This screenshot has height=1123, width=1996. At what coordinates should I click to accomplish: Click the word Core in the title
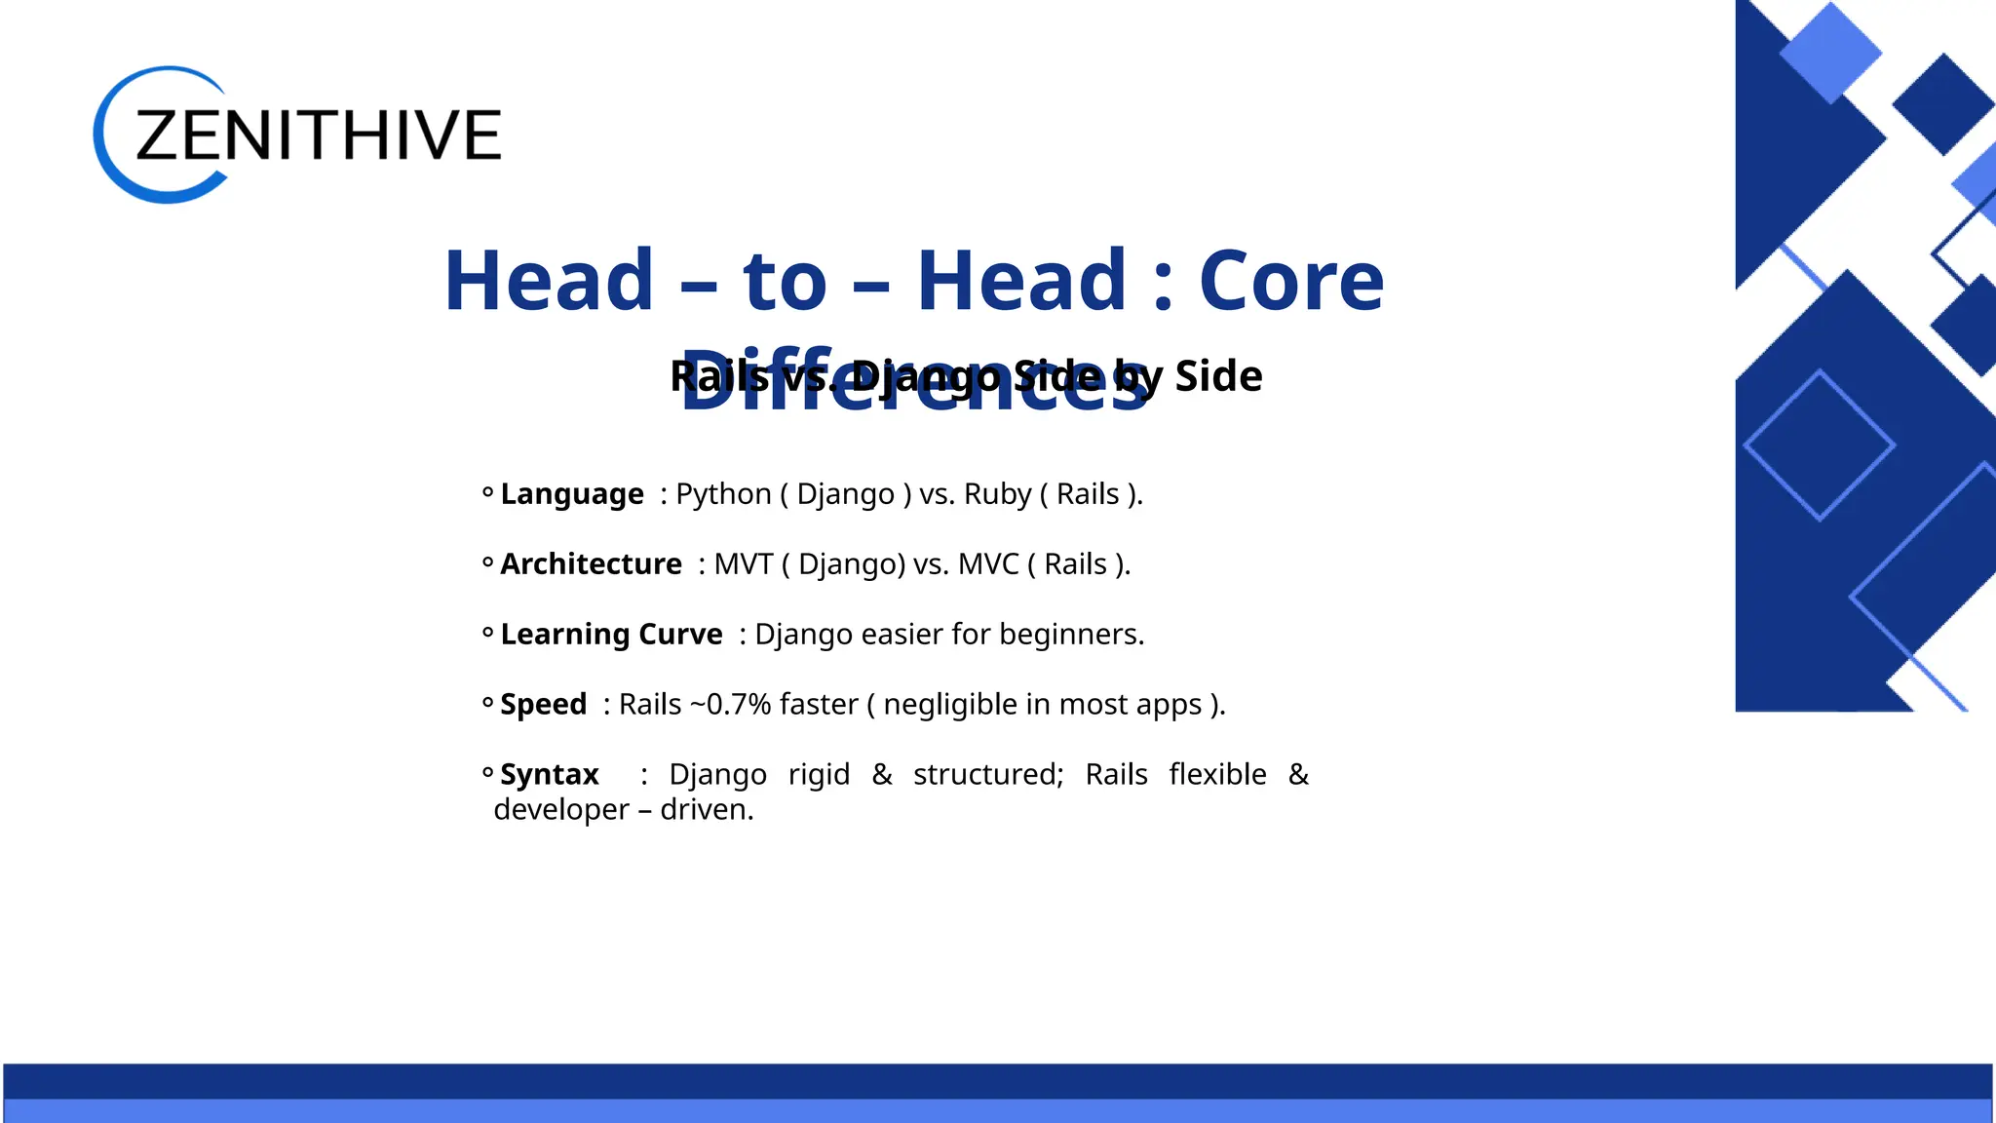click(x=1290, y=281)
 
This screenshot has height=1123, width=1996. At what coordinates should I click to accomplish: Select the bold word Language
click(x=572, y=494)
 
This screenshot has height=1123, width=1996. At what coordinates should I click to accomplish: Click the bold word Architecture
click(x=591, y=564)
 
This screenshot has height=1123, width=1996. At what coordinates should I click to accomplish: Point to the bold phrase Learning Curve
click(x=611, y=635)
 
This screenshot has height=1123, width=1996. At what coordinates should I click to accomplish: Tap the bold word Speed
click(x=543, y=705)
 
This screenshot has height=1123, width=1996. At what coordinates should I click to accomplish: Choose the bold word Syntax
click(x=549, y=775)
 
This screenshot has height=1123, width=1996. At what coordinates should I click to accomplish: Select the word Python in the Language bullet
click(x=723, y=494)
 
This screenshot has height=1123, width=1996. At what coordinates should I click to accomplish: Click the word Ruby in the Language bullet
click(x=997, y=494)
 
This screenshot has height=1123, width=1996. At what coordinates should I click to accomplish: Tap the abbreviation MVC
click(x=988, y=564)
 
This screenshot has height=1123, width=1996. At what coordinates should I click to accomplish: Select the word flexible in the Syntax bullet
click(x=1217, y=775)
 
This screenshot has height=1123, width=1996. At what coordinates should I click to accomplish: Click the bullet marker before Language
click(x=487, y=493)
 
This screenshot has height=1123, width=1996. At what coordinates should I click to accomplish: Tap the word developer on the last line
click(x=561, y=810)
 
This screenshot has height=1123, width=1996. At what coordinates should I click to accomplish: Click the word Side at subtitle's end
click(x=1218, y=376)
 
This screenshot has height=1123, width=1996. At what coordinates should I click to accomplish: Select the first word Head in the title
click(x=549, y=281)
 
